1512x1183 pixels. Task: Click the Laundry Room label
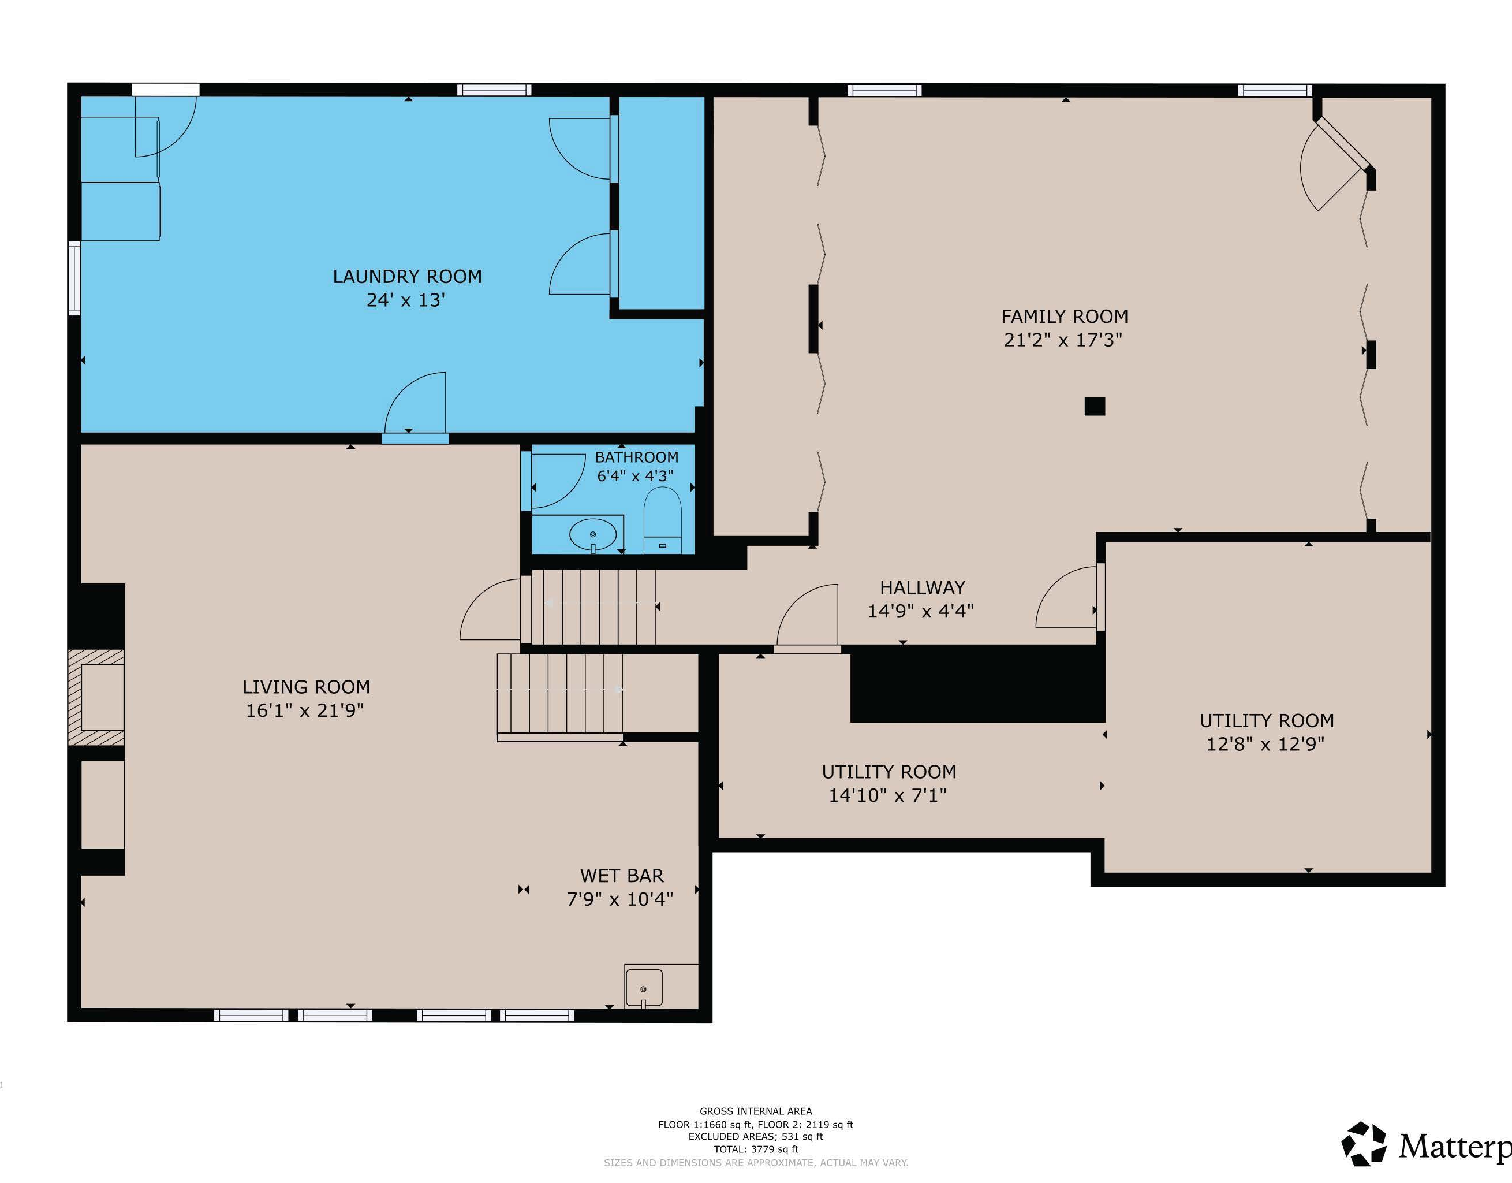tap(407, 276)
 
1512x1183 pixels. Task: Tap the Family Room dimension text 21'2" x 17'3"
tap(1063, 340)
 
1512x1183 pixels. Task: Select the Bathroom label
tap(636, 457)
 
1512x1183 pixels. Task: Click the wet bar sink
tap(644, 988)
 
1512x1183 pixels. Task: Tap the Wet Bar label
tap(622, 876)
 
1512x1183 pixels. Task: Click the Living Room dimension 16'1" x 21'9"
tap(305, 710)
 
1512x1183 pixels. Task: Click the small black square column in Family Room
tap(1095, 407)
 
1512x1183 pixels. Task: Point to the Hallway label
tap(922, 587)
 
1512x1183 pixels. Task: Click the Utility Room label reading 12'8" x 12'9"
tap(1265, 744)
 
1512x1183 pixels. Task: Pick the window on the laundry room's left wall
tap(74, 278)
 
